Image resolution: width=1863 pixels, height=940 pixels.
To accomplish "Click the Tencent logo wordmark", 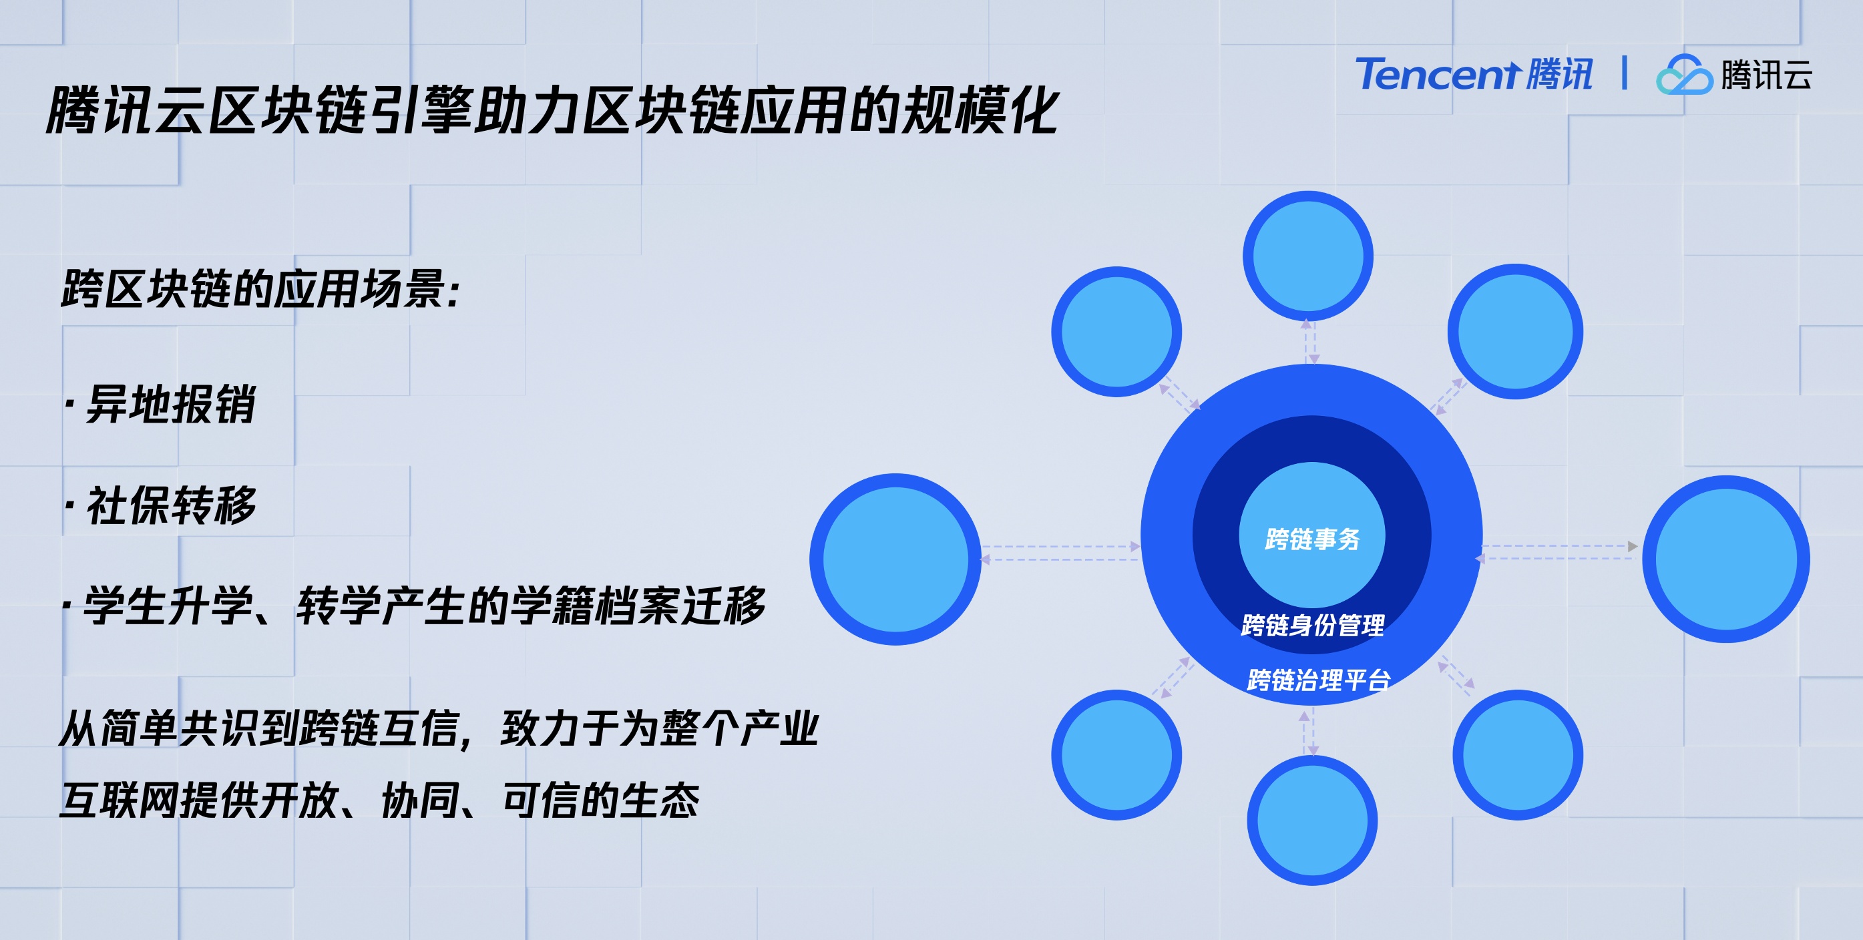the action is click(1473, 75).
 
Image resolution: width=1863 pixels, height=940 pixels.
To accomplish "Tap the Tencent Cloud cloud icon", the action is click(1683, 75).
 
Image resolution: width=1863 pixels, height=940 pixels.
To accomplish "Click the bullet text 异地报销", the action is click(171, 403).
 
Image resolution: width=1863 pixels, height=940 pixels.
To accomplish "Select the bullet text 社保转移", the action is click(172, 505).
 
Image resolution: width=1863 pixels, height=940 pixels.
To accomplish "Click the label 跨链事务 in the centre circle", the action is click(1312, 539).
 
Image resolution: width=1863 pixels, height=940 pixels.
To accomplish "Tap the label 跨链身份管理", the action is click(1313, 626).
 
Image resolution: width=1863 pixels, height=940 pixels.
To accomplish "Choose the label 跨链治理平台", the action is click(1318, 680).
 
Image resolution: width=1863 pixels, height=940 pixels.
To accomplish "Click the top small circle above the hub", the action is click(1307, 255).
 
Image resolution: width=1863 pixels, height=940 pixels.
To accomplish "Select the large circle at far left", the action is click(895, 559).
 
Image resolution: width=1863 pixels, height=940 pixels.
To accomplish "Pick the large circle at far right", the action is click(1725, 559).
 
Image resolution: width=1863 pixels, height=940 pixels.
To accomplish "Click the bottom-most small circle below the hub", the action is click(1312, 820).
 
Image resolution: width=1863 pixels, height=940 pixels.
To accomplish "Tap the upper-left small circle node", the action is click(1116, 331).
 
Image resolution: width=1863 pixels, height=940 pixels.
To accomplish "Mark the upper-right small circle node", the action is click(1515, 331).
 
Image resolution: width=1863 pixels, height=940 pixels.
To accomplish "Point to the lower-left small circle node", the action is click(1116, 755).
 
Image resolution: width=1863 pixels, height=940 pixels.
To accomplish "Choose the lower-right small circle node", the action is click(1517, 755).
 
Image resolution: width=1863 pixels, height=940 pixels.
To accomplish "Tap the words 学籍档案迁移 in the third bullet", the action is click(637, 606).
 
